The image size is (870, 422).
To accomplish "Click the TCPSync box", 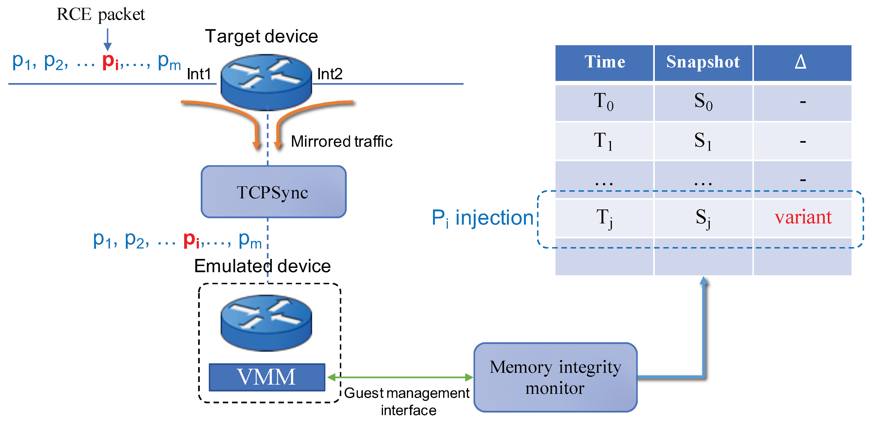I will tap(273, 192).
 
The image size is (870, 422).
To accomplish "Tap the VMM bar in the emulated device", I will tap(267, 377).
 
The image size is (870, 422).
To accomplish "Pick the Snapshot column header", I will tap(703, 62).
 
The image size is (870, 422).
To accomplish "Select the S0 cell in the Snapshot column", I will tap(703, 102).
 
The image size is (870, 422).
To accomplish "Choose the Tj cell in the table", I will tap(604, 218).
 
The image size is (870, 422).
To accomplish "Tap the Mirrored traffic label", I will tap(342, 141).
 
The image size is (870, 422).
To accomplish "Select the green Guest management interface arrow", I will tap(400, 377).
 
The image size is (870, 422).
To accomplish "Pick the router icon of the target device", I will tap(266, 82).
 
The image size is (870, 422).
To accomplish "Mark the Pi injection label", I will tap(482, 218).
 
